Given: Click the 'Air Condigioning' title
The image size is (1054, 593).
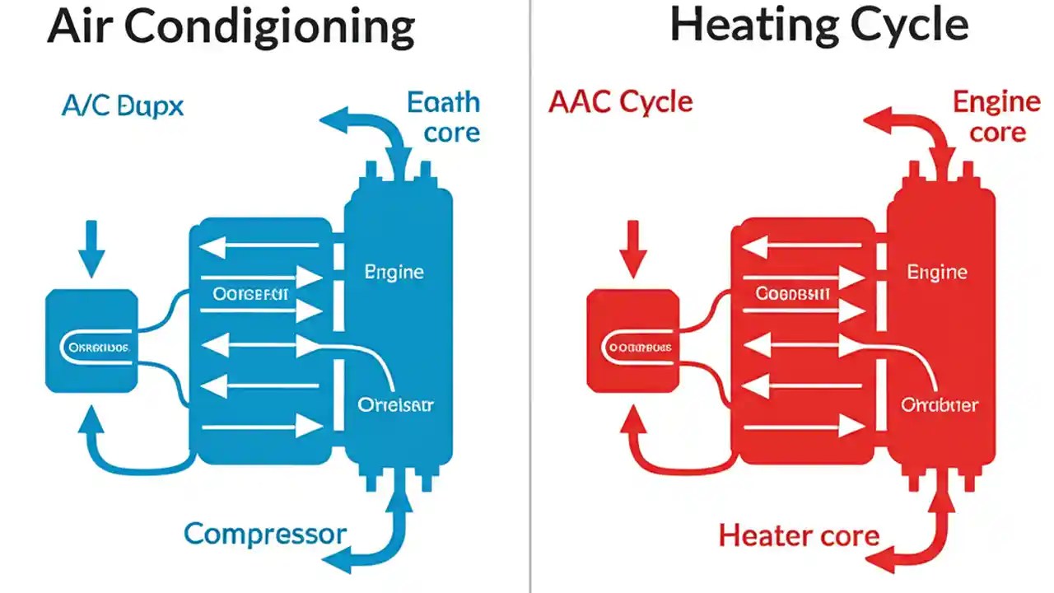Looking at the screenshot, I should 231,28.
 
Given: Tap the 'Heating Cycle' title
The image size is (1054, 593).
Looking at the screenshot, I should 818,25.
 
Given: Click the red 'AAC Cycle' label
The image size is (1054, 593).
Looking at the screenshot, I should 621,102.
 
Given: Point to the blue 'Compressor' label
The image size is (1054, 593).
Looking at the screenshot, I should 265,534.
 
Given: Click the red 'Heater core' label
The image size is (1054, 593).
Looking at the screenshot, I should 799,536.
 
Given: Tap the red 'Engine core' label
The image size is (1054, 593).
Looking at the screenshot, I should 996,116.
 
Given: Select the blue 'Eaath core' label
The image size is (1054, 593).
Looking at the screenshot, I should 443,117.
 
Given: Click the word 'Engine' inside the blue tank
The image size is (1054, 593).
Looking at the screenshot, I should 394,272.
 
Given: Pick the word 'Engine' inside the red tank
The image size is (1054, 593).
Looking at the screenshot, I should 937,272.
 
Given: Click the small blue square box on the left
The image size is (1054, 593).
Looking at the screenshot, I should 91,339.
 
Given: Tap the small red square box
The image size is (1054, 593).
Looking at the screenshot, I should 632,339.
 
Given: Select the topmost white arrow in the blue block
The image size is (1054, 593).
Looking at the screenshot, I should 260,245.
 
